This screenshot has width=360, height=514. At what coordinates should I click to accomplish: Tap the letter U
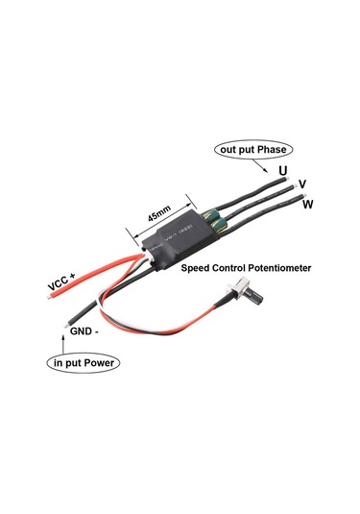point(282,171)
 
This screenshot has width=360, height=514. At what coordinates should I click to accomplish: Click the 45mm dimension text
point(159,211)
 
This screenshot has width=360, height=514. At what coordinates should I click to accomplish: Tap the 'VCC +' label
point(61,284)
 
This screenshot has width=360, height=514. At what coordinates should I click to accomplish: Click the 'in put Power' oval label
point(83,364)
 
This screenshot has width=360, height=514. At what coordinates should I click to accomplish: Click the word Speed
point(199,269)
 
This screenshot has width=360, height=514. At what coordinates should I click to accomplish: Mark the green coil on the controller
point(213,221)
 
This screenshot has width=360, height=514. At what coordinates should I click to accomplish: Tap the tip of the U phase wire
point(273,176)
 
